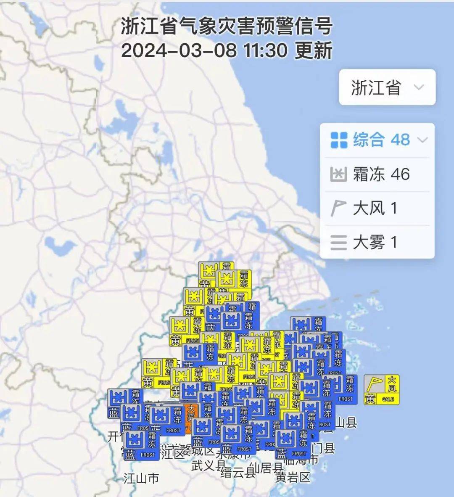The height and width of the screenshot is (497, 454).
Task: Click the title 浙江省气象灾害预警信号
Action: point(227,26)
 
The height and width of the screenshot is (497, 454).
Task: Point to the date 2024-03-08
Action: point(179,51)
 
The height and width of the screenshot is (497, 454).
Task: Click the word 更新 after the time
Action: point(314,51)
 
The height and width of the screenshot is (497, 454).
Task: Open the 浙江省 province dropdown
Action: point(387,87)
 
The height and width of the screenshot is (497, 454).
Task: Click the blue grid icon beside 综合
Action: point(339,140)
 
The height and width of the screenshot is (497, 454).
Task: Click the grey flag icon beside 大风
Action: point(338,208)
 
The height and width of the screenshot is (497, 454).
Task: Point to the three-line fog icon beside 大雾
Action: point(338,243)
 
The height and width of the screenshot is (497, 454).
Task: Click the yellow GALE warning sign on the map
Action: point(381,390)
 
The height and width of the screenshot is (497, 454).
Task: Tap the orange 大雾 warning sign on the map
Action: point(191,416)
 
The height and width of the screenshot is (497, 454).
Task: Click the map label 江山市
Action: point(141,478)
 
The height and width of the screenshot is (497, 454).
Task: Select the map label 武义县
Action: point(208,465)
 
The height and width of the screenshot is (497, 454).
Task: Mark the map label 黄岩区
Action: point(293,477)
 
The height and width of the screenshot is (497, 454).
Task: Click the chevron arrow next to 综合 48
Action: point(422,140)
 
